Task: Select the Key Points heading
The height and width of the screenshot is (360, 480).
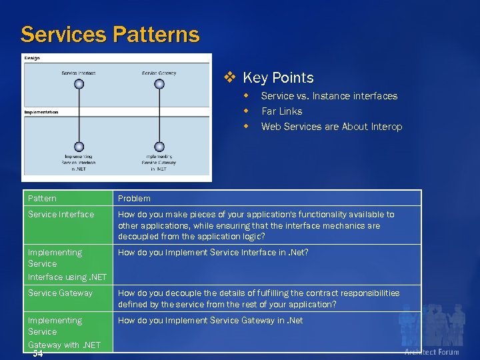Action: coord(278,78)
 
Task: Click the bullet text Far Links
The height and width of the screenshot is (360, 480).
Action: coord(281,111)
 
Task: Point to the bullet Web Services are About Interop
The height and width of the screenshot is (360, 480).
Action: coord(331,127)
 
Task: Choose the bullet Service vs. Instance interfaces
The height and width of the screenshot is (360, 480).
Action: coord(329,96)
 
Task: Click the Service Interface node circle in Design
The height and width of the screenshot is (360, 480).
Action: coord(79,84)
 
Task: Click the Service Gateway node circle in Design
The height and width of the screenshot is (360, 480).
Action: coord(159,84)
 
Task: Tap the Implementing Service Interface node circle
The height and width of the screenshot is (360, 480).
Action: coord(79,147)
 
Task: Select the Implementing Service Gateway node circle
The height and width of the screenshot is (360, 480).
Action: coord(159,147)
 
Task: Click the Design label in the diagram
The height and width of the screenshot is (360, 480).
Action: coord(32,58)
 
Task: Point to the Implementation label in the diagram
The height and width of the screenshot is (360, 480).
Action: coord(41,112)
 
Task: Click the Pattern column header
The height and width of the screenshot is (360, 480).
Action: coord(42,198)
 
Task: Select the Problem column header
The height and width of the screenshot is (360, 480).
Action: coord(134,198)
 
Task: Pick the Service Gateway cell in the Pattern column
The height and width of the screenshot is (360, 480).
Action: coord(60,293)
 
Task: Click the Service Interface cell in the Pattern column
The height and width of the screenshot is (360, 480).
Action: coord(61,214)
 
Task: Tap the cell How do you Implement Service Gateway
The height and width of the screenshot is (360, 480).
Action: coord(210,320)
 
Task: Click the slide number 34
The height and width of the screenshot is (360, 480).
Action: coord(37,353)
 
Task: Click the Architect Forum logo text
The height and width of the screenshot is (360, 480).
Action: coord(431,351)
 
